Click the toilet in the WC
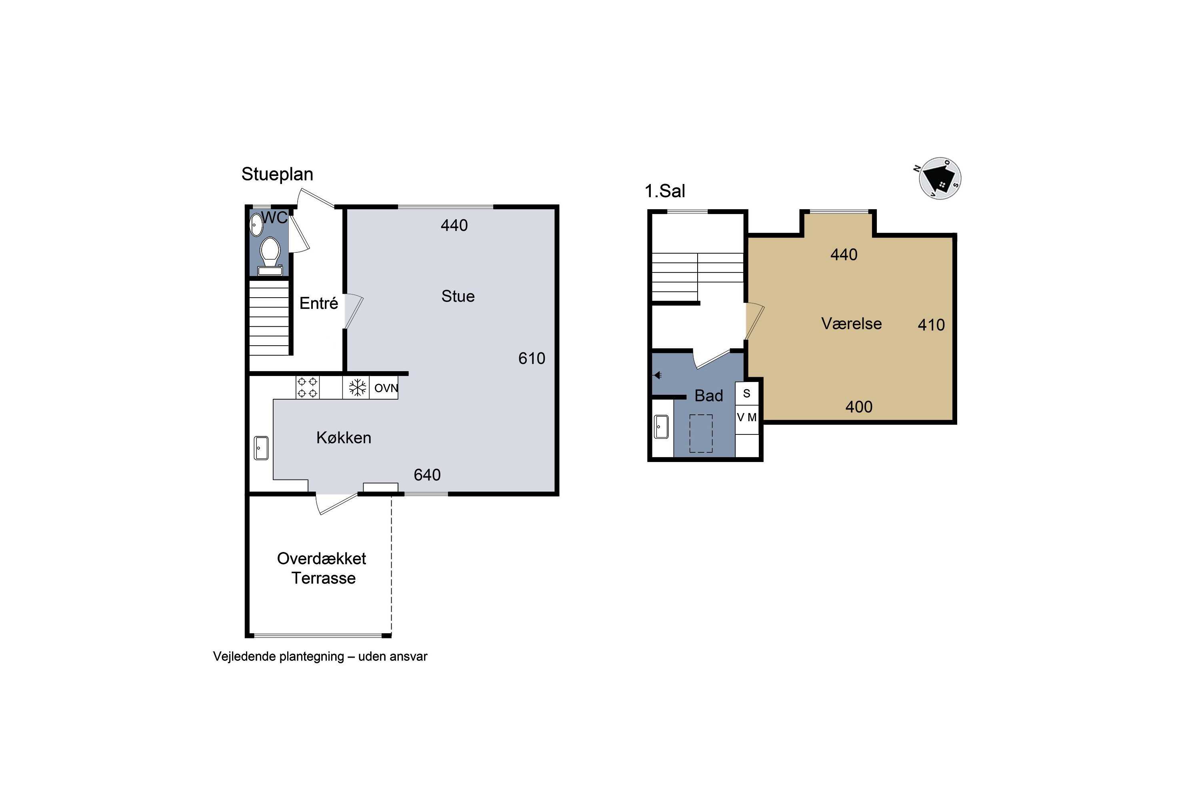click(x=270, y=257)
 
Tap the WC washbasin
click(x=256, y=224)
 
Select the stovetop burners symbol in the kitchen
click(x=307, y=387)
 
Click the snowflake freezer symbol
click(x=358, y=387)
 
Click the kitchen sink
click(x=261, y=448)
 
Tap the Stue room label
click(x=458, y=296)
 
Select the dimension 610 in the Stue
click(x=532, y=359)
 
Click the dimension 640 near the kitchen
click(x=427, y=475)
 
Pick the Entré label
click(x=318, y=303)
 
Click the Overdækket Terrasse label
click(x=322, y=568)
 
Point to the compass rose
click(x=940, y=178)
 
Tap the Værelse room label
click(x=852, y=324)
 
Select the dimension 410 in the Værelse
click(x=931, y=325)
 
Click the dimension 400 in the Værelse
click(x=859, y=407)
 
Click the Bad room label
click(x=709, y=396)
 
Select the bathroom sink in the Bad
click(x=661, y=426)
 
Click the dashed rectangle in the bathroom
click(x=701, y=433)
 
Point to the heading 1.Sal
click(x=665, y=191)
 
